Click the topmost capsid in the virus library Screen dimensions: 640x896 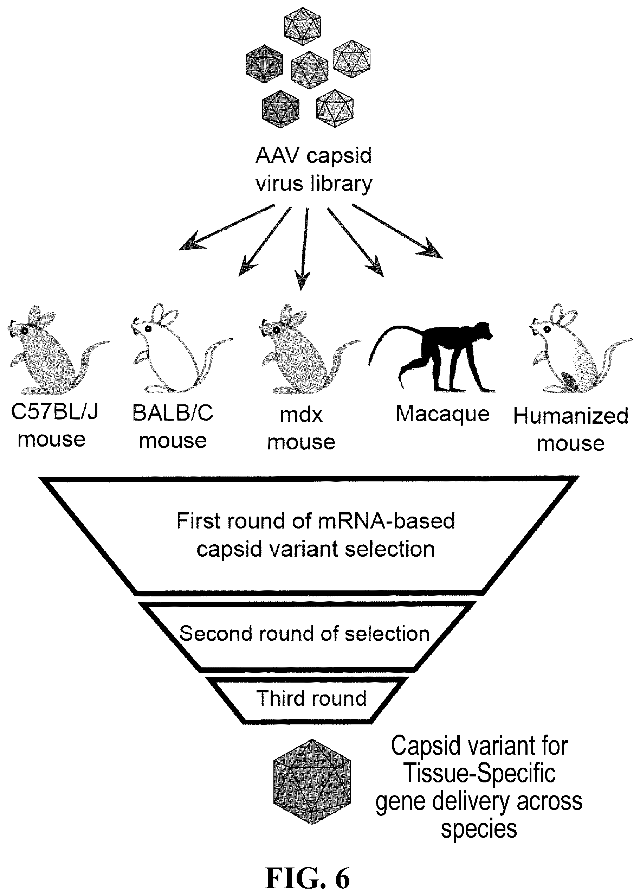tap(302, 26)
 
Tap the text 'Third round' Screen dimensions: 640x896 tap(311, 698)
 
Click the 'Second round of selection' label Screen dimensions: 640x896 tap(304, 634)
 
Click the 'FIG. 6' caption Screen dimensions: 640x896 tap(308, 878)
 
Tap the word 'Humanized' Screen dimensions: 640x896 tap(571, 416)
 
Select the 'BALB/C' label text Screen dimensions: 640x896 tap(173, 413)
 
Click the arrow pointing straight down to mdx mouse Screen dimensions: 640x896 tap(303, 249)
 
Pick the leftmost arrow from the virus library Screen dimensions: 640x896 tap(226, 228)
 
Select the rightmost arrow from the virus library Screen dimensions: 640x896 tap(397, 231)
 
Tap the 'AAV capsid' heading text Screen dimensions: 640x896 tap(314, 156)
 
